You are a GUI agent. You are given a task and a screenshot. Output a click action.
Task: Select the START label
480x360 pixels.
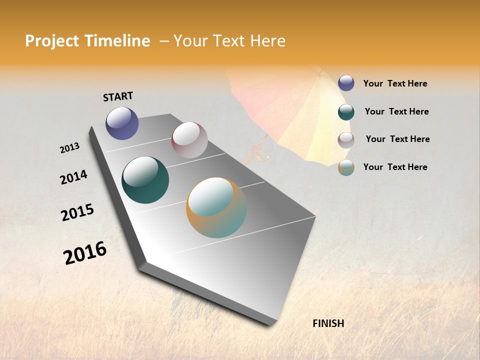118,96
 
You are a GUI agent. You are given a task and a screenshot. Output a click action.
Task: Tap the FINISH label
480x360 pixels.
328,323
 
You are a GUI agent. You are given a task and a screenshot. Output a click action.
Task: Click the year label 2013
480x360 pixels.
69,148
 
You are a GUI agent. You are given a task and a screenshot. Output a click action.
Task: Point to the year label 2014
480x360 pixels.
73,177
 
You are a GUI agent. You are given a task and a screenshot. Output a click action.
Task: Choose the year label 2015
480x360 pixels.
77,212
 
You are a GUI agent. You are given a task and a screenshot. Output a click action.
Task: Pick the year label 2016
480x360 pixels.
85,252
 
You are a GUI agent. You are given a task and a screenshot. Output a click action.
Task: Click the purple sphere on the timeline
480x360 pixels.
122,123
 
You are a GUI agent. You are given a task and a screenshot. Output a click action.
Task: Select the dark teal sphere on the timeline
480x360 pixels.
145,180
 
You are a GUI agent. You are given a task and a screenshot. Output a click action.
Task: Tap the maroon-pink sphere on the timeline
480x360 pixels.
189,140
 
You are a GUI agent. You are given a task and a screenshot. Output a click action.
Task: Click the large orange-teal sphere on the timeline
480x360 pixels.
216,207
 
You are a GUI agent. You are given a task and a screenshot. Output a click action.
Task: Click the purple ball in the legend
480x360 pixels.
346,83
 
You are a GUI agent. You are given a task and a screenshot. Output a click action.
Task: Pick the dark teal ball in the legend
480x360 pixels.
346,112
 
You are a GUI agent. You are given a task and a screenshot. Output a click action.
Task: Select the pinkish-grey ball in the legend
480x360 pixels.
346,140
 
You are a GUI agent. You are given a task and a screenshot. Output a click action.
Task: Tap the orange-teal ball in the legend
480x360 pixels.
346,167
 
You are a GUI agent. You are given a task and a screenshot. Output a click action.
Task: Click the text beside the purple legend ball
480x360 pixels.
395,84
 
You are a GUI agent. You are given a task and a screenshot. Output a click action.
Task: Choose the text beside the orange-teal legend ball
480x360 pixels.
395,167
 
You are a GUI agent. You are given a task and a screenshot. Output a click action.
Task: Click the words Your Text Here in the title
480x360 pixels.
229,41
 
